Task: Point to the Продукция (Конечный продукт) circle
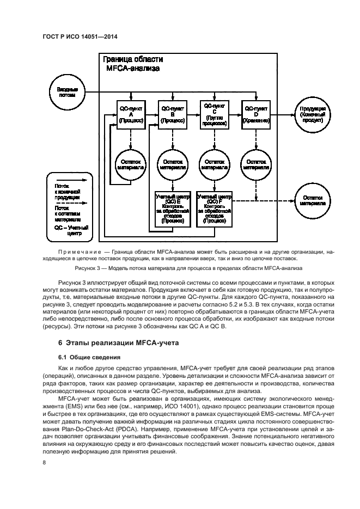[313, 115]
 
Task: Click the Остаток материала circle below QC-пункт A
[131, 164]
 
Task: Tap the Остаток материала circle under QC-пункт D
[256, 164]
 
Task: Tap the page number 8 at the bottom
[44, 462]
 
